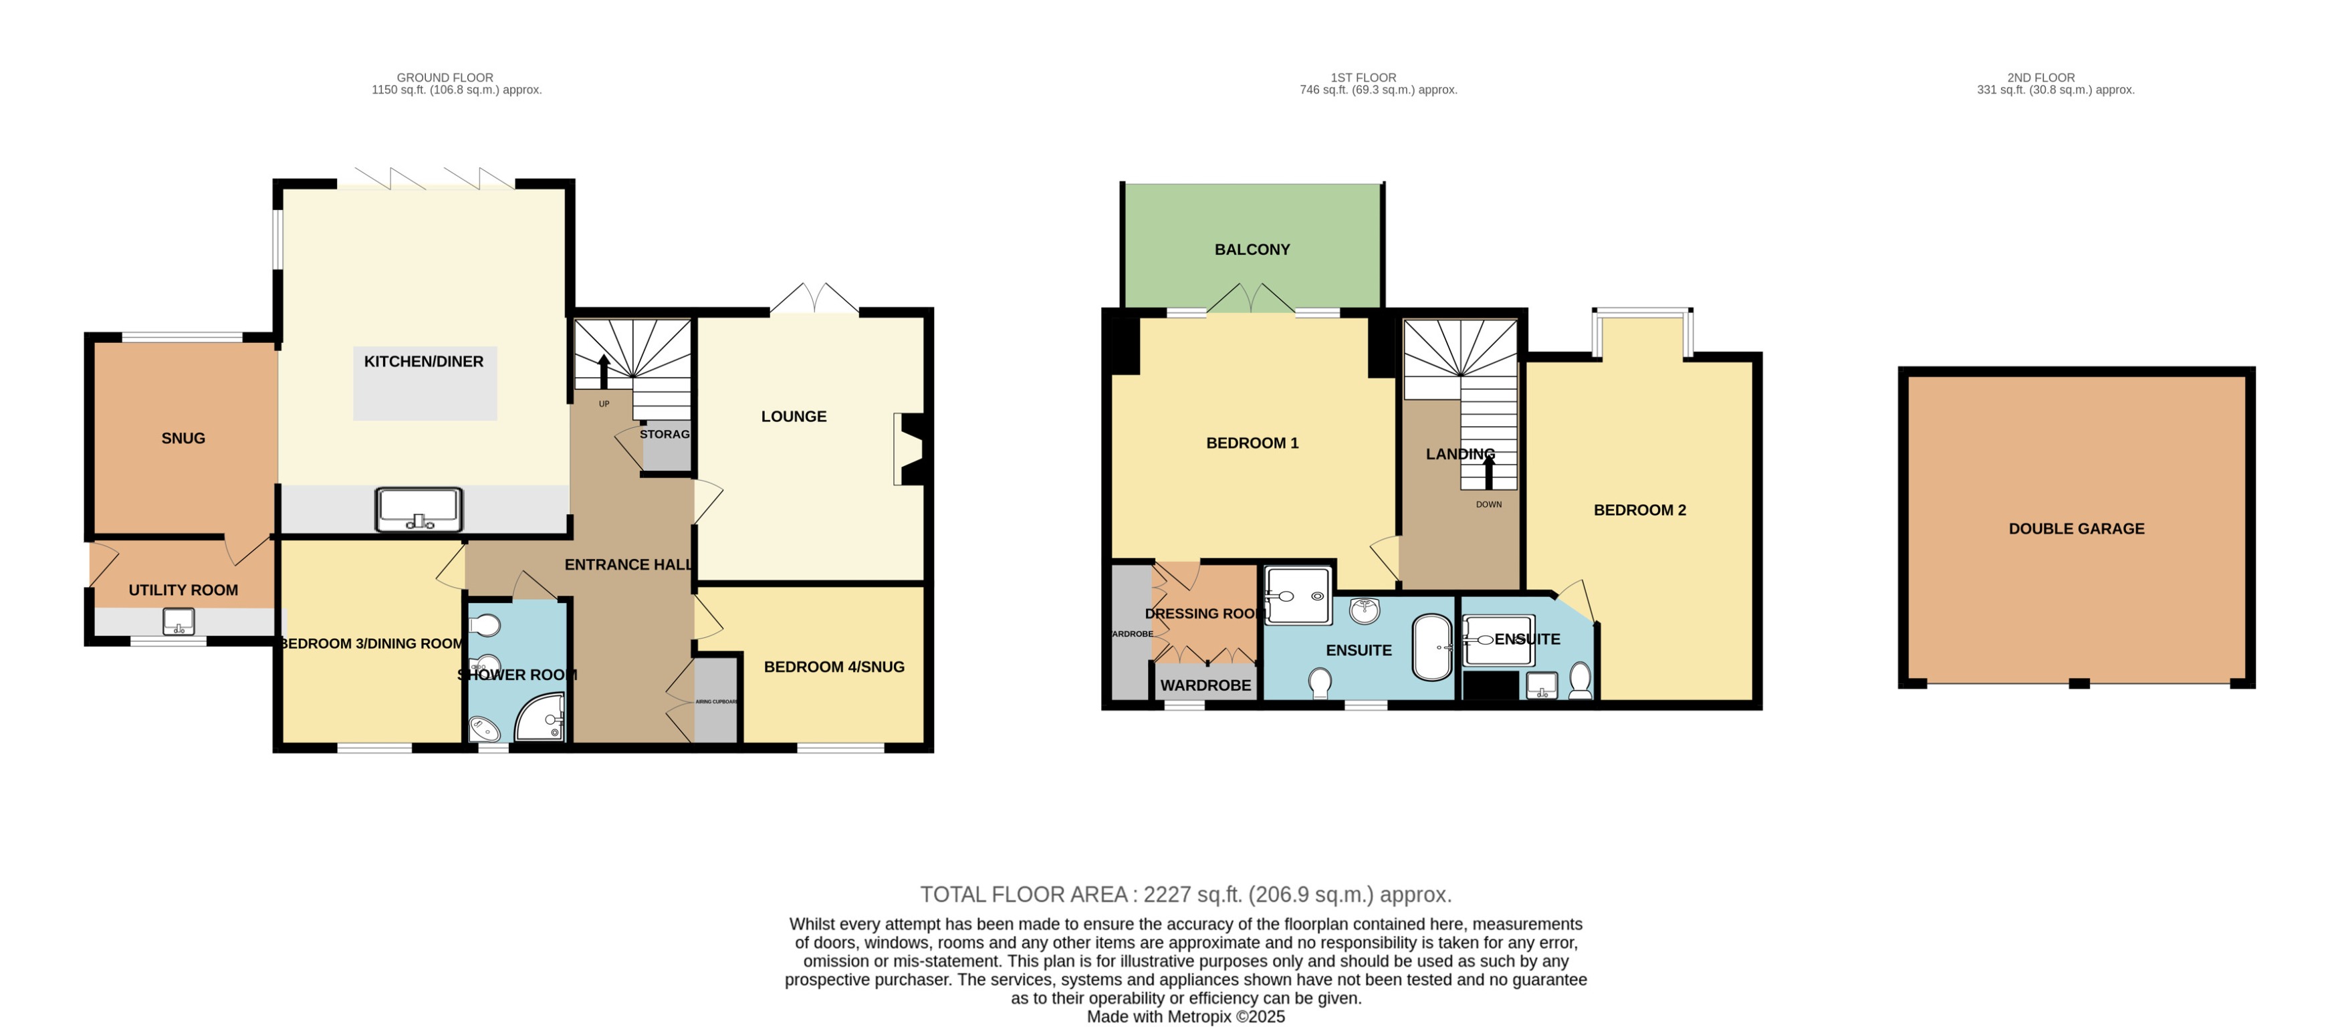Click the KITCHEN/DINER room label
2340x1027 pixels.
423,362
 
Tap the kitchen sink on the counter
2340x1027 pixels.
419,510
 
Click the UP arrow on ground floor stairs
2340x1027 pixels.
604,372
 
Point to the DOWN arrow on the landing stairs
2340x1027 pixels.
1488,471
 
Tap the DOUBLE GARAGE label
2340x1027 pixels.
2076,529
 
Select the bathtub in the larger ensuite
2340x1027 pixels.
1433,647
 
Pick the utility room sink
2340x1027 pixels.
178,622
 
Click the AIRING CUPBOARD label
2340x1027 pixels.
716,701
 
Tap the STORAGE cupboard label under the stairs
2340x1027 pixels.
664,435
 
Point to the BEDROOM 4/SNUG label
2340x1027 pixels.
834,667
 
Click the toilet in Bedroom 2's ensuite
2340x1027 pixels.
1580,680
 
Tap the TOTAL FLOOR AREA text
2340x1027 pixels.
1185,895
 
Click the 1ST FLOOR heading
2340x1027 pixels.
1363,78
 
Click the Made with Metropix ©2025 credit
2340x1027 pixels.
1185,1017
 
